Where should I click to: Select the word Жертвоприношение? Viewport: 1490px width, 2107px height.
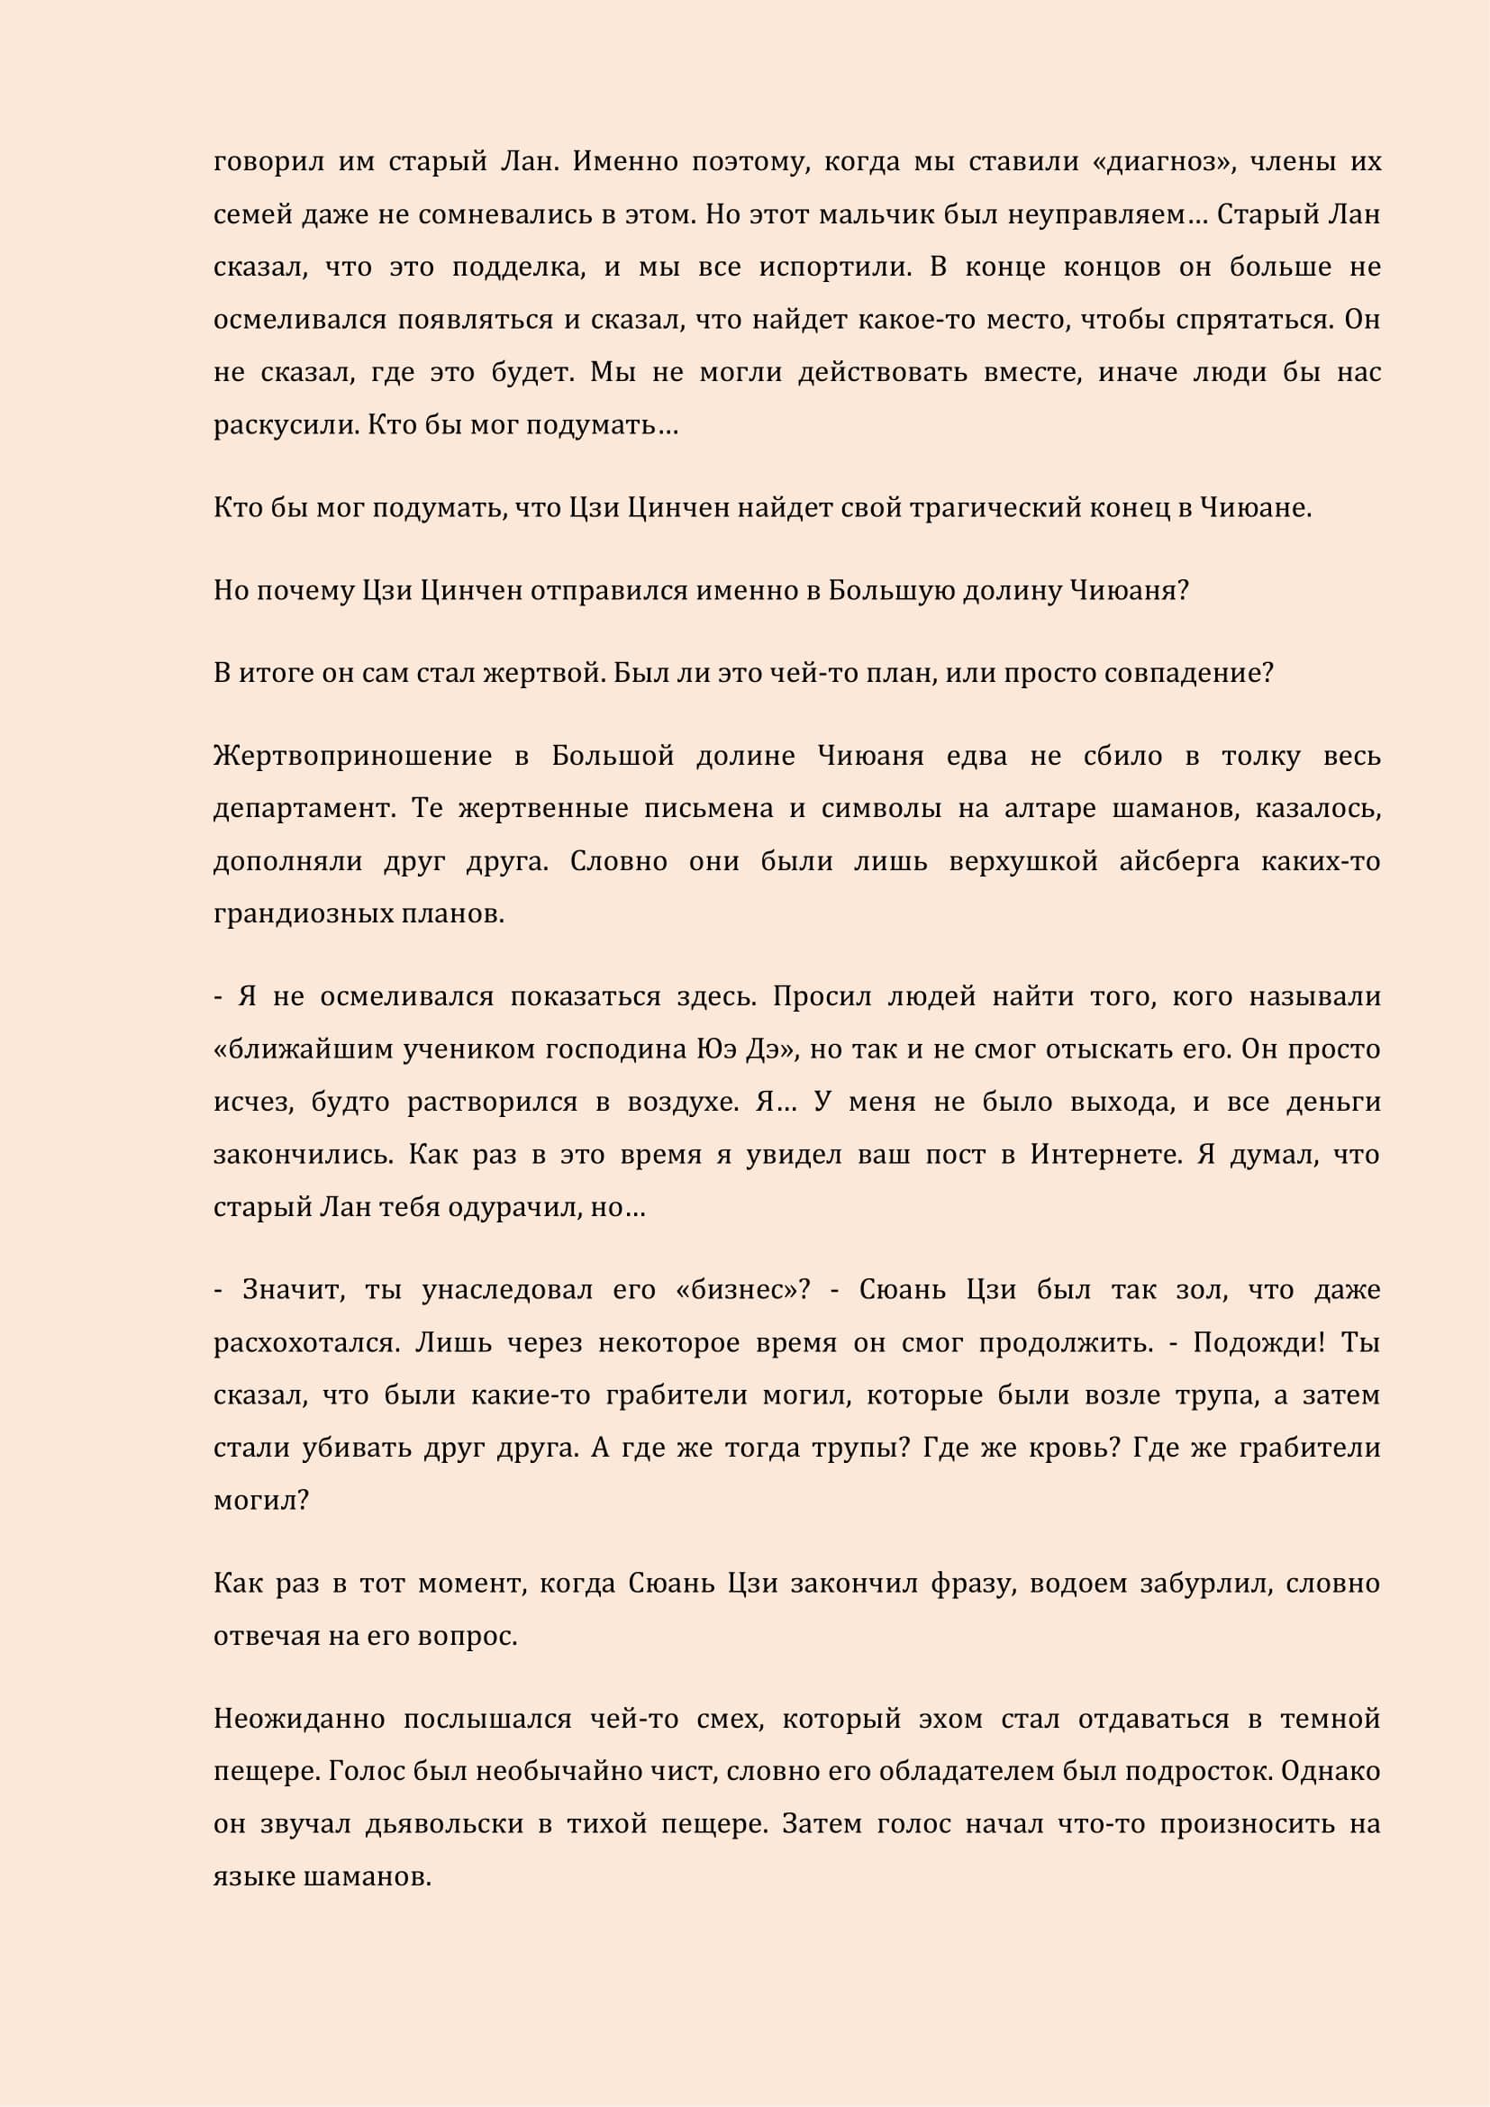click(x=352, y=756)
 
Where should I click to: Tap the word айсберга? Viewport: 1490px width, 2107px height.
click(x=1179, y=862)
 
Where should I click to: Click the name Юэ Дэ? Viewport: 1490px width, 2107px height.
click(x=742, y=1049)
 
